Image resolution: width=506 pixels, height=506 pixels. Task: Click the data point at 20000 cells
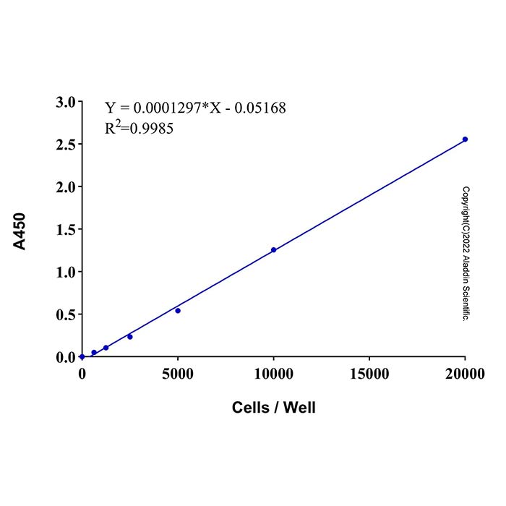[x=465, y=139]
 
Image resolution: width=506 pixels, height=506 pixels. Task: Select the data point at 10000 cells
[x=273, y=250]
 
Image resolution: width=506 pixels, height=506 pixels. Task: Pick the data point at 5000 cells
[x=178, y=311]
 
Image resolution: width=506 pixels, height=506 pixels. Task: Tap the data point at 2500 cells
[x=130, y=337]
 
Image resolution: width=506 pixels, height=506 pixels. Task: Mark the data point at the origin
[x=82, y=356]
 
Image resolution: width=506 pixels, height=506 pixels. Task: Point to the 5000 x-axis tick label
[x=178, y=373]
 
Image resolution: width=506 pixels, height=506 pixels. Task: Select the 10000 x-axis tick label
[x=273, y=373]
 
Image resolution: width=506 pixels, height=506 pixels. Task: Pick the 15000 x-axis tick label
[x=369, y=373]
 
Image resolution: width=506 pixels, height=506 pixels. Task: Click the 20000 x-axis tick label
[x=465, y=373]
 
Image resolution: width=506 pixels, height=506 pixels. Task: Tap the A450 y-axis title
[x=21, y=231]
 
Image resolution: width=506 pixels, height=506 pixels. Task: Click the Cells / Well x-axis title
[x=274, y=408]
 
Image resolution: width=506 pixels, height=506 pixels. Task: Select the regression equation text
[x=195, y=108]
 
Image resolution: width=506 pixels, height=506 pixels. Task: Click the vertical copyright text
[x=466, y=254]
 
